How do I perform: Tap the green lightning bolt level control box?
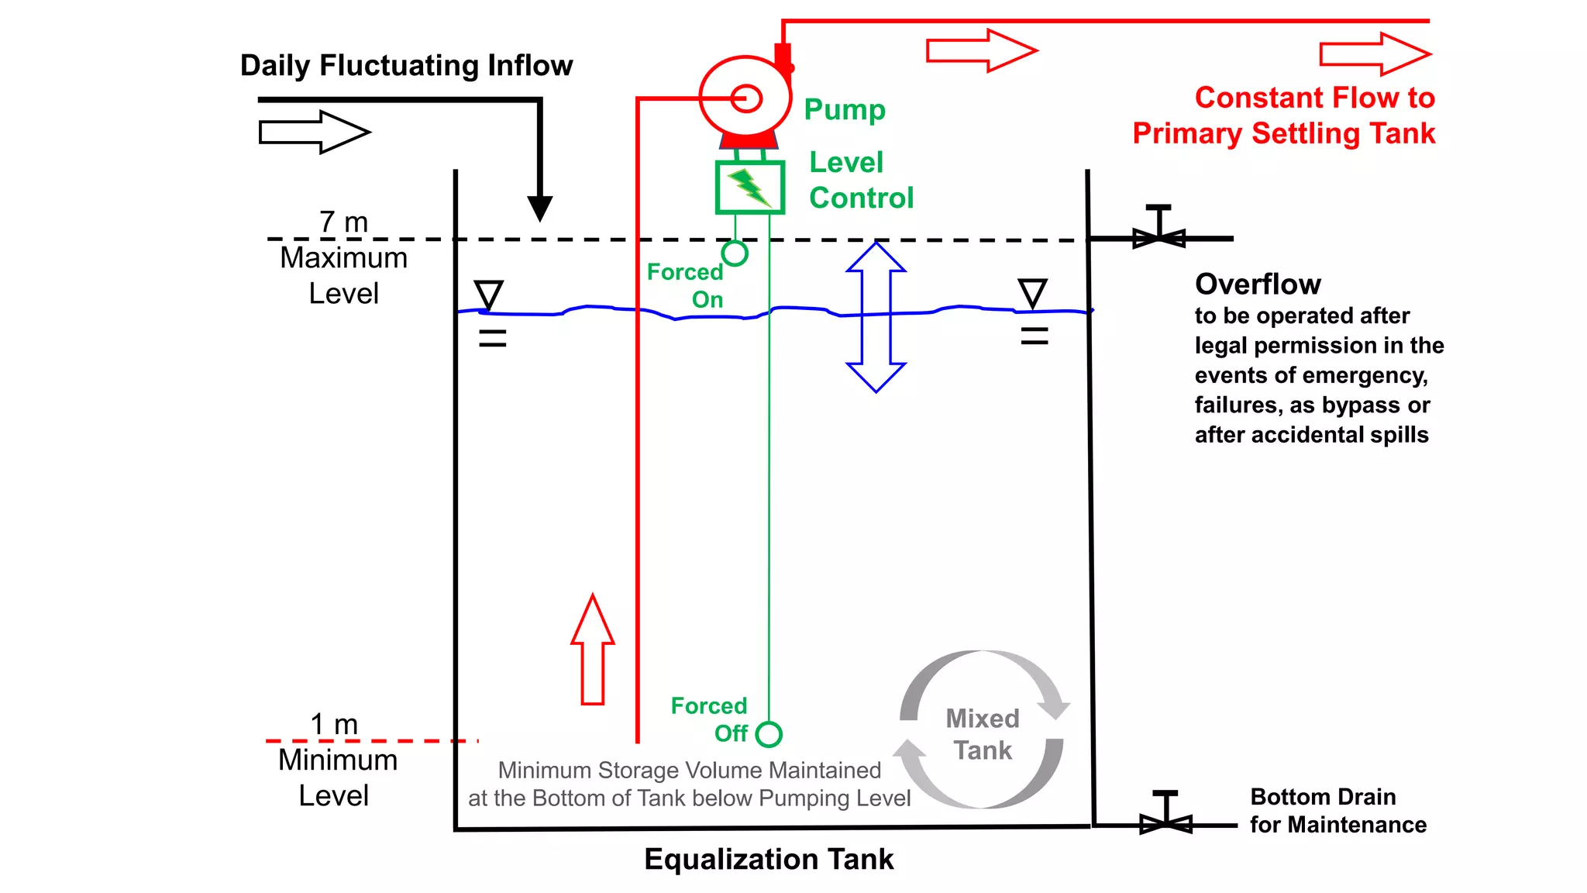(749, 187)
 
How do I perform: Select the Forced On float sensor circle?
(735, 253)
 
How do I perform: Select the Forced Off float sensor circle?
(769, 734)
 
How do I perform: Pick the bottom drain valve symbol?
(1165, 820)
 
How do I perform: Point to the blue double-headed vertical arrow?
(876, 317)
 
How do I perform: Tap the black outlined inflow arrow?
(314, 132)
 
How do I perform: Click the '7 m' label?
(343, 222)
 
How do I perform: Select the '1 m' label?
(334, 725)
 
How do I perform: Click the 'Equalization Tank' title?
(769, 860)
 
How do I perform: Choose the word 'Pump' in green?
(845, 109)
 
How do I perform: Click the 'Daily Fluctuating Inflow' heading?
(406, 66)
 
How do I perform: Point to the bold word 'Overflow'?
(1257, 284)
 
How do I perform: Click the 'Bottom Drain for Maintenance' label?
(1337, 811)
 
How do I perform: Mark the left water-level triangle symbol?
(489, 295)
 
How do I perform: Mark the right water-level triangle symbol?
(1033, 293)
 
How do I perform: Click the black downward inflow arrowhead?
(539, 208)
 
